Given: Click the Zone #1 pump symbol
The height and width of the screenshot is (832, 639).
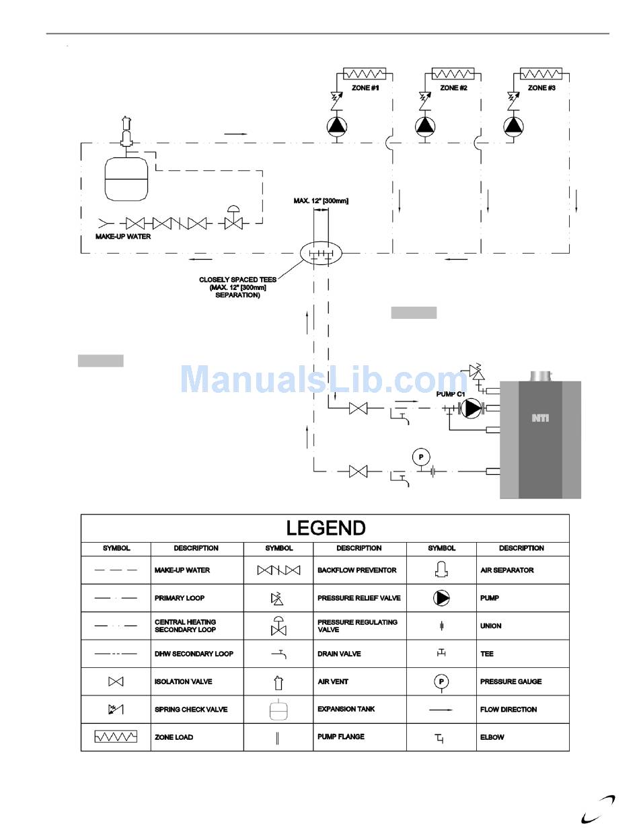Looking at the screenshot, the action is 336,126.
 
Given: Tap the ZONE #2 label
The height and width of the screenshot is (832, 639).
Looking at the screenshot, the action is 454,88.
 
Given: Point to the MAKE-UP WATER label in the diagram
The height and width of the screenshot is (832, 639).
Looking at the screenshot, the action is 123,237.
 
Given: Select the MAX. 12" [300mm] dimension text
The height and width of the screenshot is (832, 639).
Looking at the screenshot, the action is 321,200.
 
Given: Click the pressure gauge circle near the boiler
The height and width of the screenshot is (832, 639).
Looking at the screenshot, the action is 421,457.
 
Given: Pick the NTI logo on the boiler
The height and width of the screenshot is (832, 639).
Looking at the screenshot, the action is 540,418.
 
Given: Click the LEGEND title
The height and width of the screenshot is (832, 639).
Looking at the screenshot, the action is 326,528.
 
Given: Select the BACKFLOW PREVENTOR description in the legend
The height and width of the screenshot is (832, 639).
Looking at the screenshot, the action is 356,570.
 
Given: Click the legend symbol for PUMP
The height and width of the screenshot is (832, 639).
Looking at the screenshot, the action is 441,598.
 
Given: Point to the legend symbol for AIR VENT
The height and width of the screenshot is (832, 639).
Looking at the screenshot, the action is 278,681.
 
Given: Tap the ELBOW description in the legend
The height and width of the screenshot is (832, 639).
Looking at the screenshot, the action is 492,737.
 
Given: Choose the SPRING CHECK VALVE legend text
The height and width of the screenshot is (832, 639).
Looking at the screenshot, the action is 191,710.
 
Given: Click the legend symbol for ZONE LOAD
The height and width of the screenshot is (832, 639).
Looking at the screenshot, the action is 116,737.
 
